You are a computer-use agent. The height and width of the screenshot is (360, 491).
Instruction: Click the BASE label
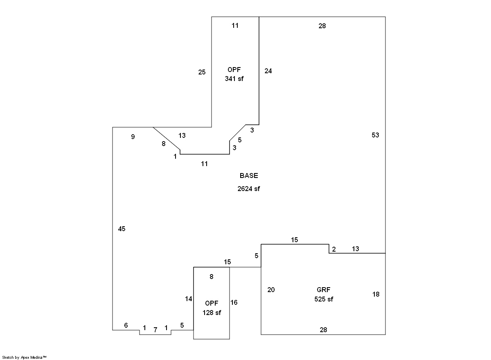(249, 175)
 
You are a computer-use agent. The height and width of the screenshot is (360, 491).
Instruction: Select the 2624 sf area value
(249, 189)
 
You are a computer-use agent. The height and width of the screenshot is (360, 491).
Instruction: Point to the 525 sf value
(324, 299)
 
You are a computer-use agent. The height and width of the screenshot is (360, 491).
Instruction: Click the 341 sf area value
(234, 79)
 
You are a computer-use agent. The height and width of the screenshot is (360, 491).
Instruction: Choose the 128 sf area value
(212, 313)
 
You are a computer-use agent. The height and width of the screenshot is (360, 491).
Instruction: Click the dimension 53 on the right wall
(375, 135)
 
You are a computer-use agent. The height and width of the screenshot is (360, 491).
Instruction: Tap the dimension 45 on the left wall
(122, 229)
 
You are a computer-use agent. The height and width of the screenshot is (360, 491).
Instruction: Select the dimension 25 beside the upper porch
(202, 72)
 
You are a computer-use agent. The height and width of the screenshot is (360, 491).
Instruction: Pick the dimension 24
(268, 71)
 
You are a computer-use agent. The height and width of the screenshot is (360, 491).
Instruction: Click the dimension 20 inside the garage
(271, 290)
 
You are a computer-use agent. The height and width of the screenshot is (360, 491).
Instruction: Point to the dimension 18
(376, 294)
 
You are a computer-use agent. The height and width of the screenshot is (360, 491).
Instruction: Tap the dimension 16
(234, 303)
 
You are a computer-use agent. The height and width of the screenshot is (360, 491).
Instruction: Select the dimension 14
(188, 299)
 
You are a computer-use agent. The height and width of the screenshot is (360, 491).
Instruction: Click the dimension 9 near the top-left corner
(133, 137)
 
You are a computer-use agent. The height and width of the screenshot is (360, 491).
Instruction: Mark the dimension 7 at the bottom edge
(155, 330)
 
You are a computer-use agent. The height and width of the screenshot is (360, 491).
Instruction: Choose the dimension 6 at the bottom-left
(126, 325)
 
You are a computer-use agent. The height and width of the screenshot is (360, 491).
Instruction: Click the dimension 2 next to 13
(334, 249)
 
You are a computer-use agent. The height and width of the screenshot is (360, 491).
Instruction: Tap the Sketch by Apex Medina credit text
(25, 357)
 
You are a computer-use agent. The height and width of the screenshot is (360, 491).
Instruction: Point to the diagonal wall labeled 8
(167, 138)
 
